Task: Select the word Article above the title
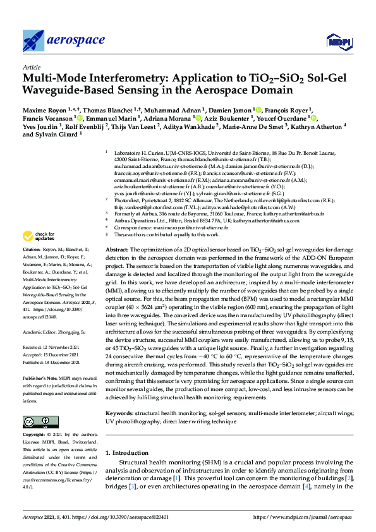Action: click(32, 66)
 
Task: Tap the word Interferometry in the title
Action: click(119, 78)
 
